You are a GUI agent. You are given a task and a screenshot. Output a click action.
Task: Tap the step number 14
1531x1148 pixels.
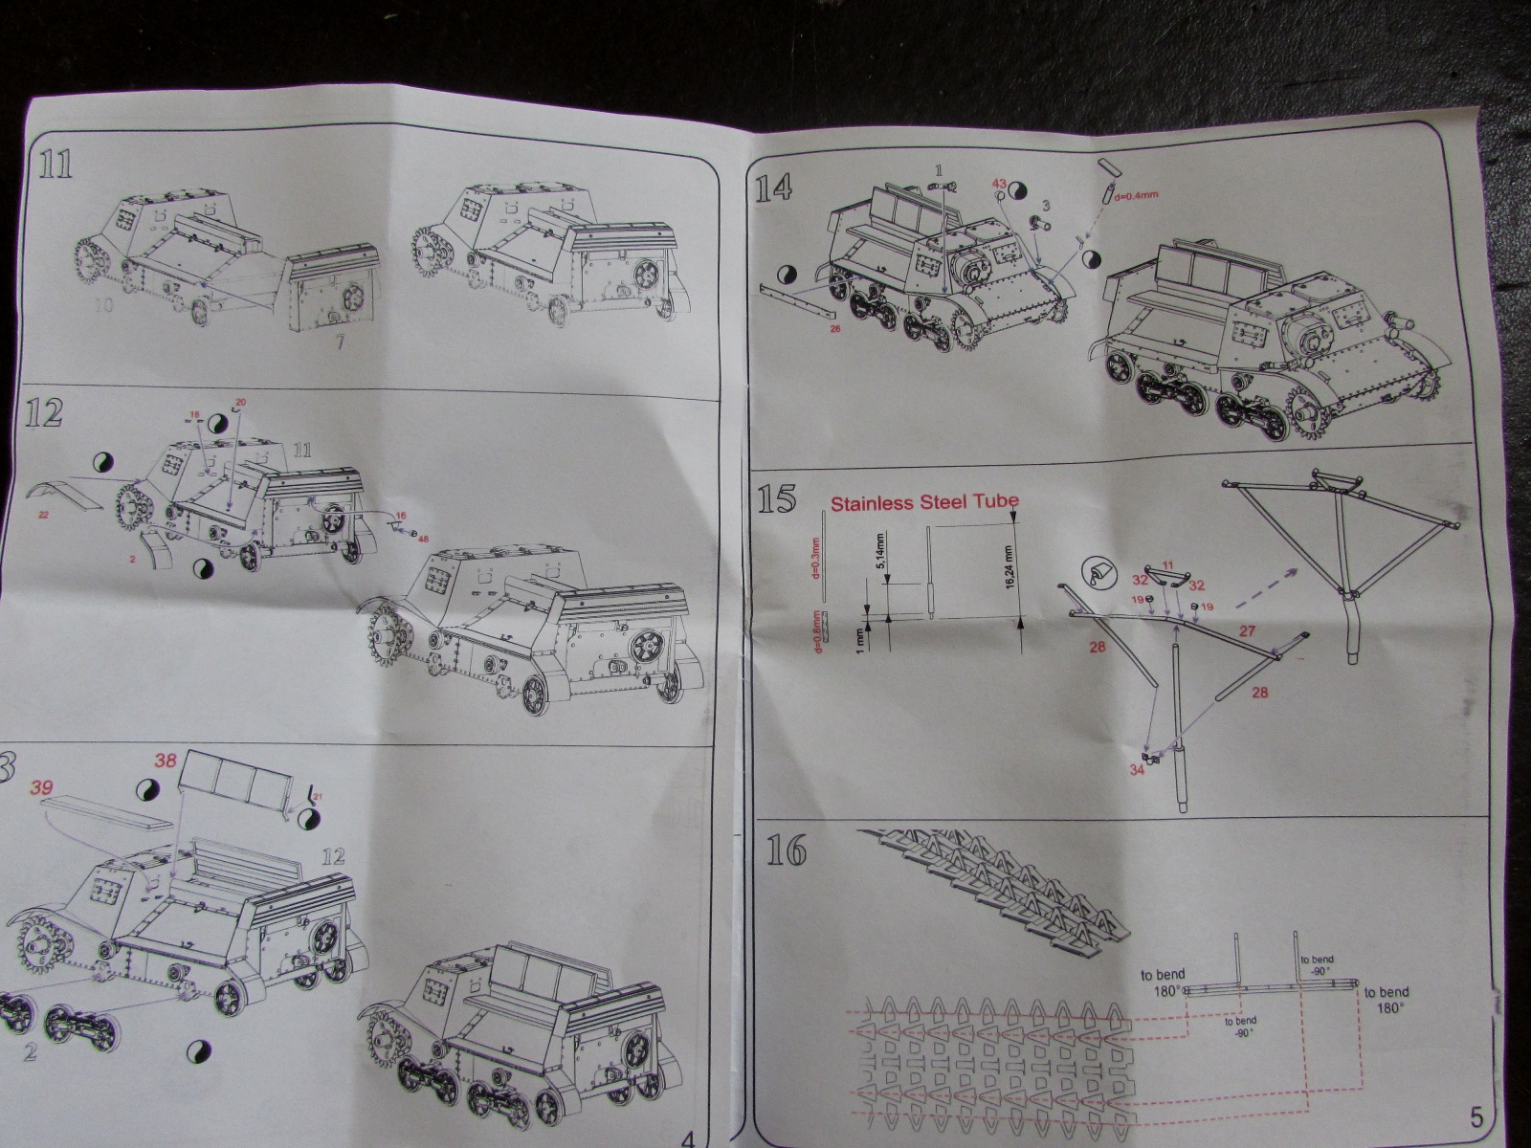[x=773, y=188]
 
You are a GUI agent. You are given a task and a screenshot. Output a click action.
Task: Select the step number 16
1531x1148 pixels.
[x=788, y=850]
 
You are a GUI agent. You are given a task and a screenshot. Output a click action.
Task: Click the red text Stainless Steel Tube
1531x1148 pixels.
[x=924, y=501]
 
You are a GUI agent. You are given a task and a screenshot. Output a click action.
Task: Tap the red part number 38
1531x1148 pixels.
[x=166, y=762]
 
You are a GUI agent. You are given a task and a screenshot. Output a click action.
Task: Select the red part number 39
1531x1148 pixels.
[x=40, y=788]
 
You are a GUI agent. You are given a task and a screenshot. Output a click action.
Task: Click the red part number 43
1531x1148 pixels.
[x=999, y=182]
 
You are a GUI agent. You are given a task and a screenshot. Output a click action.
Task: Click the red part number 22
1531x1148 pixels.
[x=44, y=515]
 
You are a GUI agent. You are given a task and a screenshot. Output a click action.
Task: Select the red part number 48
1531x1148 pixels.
[x=422, y=538]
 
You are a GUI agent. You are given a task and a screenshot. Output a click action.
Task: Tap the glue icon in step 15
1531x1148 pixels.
[x=1098, y=573]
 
